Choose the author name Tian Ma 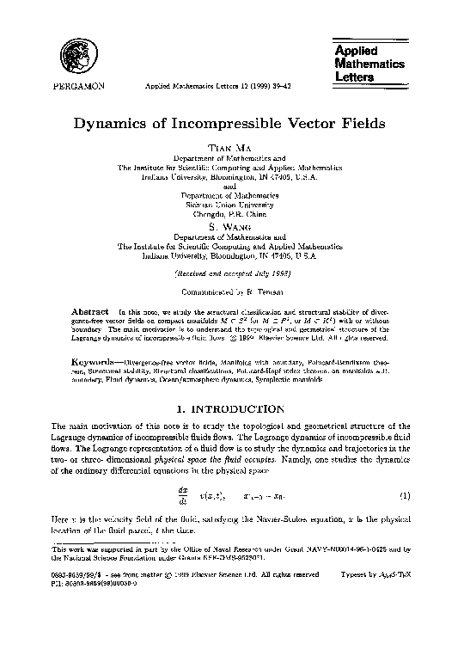click(233, 149)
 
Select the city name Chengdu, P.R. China click(233, 216)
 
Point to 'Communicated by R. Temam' click(233, 291)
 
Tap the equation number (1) click(406, 496)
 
